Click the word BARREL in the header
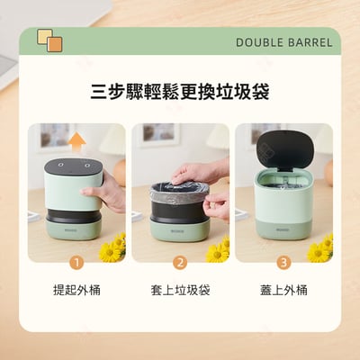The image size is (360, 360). [x=310, y=42]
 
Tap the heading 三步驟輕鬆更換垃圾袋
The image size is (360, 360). [x=179, y=93]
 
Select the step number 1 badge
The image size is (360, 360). [x=76, y=263]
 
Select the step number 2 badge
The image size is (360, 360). [x=179, y=263]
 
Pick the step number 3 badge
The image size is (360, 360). [x=283, y=263]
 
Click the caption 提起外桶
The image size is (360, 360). [x=76, y=291]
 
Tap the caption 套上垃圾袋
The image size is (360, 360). [x=179, y=291]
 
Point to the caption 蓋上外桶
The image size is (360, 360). [x=283, y=291]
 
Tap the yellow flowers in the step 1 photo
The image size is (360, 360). [x=112, y=248]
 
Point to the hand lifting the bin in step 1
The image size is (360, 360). [x=111, y=193]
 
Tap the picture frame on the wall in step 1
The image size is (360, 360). [x=56, y=135]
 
